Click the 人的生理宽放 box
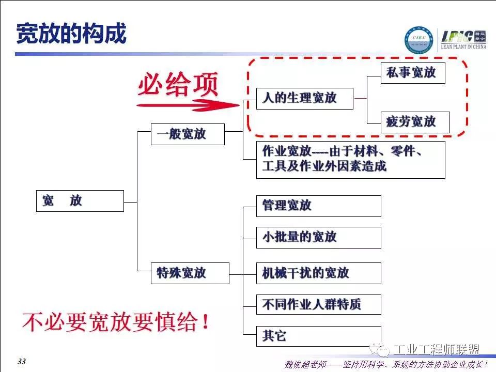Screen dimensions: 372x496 coord(304,98)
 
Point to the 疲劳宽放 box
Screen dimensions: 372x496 coord(415,122)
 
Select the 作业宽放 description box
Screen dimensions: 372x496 coord(350,160)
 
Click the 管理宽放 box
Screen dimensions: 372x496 coord(318,206)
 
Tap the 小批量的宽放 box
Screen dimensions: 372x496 coord(318,237)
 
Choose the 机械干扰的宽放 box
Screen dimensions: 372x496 coord(318,273)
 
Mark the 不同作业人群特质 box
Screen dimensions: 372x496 coord(318,305)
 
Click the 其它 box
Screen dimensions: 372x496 coord(318,336)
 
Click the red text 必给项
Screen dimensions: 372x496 coord(178,85)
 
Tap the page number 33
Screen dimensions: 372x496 coord(21,362)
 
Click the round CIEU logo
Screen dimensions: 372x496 coord(420,40)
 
